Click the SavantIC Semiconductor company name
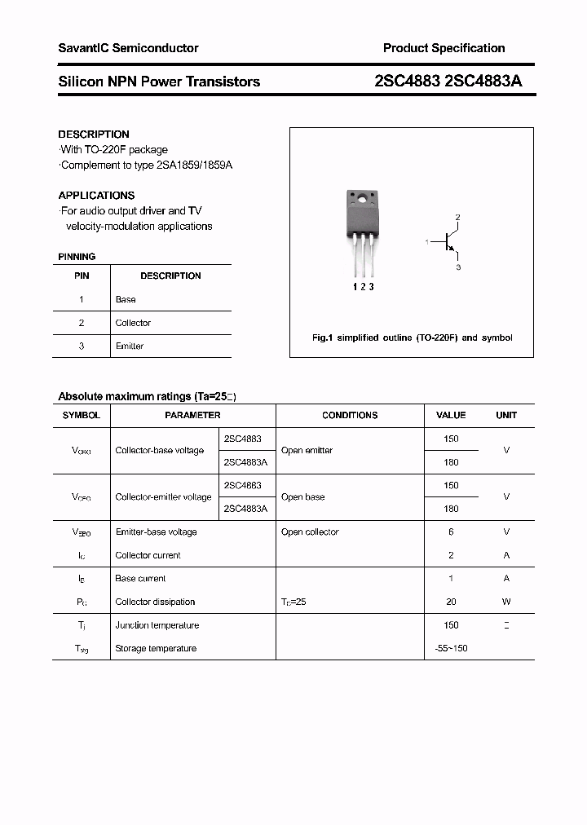click(128, 48)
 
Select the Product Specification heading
click(444, 48)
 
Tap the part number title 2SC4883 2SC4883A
click(448, 82)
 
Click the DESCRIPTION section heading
click(94, 135)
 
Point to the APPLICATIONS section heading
click(96, 196)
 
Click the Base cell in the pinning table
click(126, 299)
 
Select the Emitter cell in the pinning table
click(130, 346)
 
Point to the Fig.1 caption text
click(413, 337)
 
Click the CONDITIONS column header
click(350, 415)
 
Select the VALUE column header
click(451, 415)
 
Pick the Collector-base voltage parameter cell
click(160, 450)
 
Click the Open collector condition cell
click(310, 532)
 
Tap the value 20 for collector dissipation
click(451, 602)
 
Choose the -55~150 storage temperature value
click(451, 648)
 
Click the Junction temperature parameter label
click(157, 625)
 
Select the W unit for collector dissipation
click(506, 602)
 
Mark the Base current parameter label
click(140, 578)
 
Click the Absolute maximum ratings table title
click(147, 397)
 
